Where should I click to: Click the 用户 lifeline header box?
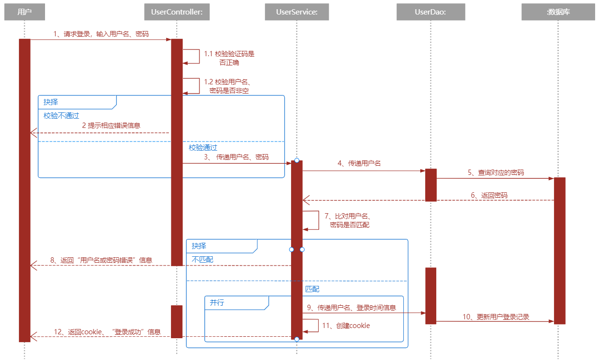point(24,12)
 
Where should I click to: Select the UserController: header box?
point(177,12)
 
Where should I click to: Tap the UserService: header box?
point(296,12)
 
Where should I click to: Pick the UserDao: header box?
point(430,12)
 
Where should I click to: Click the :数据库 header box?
point(558,12)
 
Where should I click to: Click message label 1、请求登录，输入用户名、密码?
point(101,34)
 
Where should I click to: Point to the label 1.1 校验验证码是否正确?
point(229,58)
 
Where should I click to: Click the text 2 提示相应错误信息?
point(111,125)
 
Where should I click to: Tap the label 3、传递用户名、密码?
point(236,157)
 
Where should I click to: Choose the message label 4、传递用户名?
point(359,163)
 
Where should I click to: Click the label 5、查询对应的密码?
point(495,172)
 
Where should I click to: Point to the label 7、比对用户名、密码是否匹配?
point(347,220)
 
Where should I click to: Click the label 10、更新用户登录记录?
point(495,317)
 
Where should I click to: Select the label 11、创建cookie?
point(346,326)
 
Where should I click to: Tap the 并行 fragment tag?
point(217,303)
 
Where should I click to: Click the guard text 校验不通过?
point(61,116)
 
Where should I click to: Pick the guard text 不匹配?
point(202,259)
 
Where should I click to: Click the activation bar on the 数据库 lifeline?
point(559,250)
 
